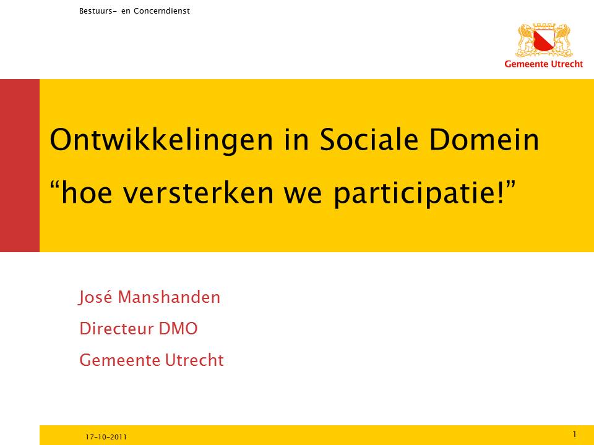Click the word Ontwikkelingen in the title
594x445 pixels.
tap(161, 141)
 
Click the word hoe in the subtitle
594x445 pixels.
tap(87, 192)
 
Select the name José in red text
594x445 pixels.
tap(95, 297)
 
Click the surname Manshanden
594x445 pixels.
tap(169, 297)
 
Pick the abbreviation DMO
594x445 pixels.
tap(178, 328)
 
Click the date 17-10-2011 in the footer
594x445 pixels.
tap(106, 437)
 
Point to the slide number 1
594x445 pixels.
tap(574, 434)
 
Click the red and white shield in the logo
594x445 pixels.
tap(544, 40)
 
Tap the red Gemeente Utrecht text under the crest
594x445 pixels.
tap(544, 64)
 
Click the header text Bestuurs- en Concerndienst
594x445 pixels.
tap(134, 11)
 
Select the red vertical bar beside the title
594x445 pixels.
tap(20, 166)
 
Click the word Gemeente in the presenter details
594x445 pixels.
tap(119, 360)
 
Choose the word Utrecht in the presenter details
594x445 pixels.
tap(194, 360)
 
